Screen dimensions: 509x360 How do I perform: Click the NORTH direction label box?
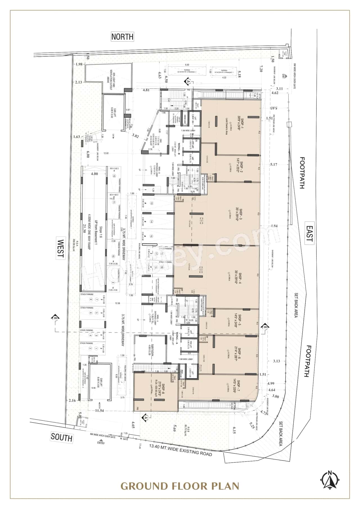tap(122, 37)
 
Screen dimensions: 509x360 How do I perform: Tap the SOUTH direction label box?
tap(62, 437)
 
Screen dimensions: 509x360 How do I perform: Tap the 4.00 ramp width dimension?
tap(94, 174)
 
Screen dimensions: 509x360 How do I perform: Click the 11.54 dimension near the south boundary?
tap(99, 411)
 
